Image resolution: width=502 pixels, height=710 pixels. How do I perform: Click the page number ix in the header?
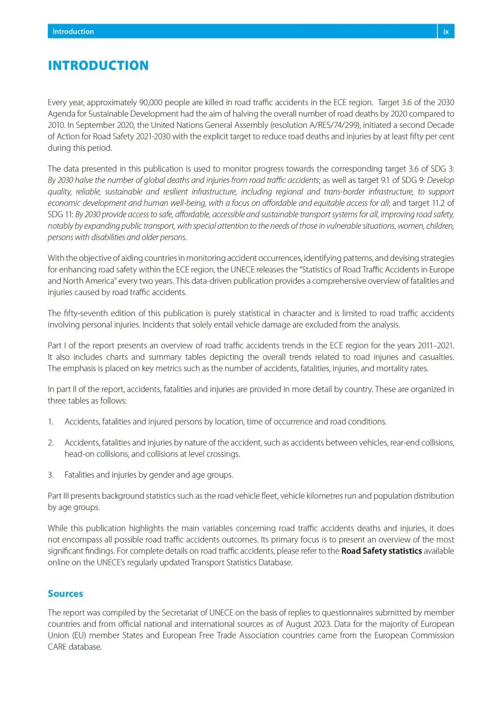point(446,32)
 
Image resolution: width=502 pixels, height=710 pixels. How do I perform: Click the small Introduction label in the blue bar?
point(73,32)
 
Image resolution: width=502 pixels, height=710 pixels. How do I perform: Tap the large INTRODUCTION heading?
point(98,66)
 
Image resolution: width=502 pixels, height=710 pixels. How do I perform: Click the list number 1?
point(51,422)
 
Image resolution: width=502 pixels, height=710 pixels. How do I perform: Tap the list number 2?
point(51,443)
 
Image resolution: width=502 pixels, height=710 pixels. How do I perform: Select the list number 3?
point(51,475)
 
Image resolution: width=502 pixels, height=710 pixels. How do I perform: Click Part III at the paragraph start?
point(58,496)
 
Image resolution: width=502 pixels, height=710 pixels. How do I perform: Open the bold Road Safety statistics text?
point(381,551)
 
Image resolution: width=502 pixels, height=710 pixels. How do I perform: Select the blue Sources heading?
point(66,594)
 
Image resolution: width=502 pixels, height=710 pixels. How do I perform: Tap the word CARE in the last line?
point(57,647)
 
